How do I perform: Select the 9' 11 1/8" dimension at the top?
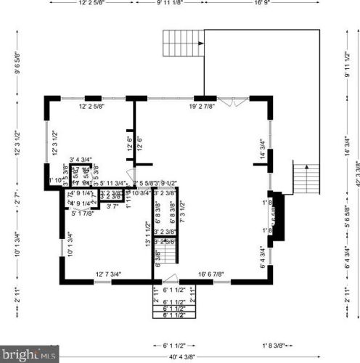[x=169, y=2]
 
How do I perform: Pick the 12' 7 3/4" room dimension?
[x=108, y=274]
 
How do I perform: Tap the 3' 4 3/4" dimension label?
[x=81, y=160]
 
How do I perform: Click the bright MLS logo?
[x=28, y=355]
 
